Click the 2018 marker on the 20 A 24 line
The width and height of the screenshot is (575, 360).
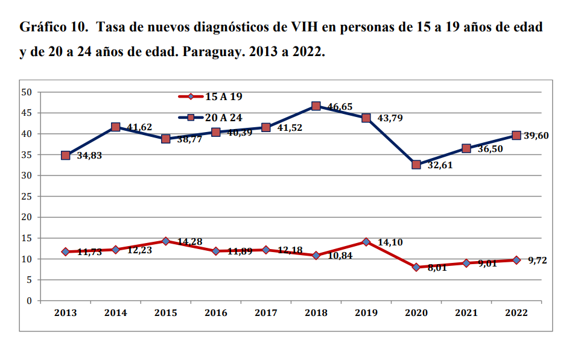316,106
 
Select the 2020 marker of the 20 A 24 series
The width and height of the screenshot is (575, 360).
416,165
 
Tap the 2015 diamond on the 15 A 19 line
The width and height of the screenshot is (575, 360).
165,241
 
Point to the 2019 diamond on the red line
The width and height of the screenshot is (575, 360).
366,242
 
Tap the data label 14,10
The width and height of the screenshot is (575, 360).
390,242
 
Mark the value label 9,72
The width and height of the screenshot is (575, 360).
536,260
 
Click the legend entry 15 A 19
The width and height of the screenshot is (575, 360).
224,96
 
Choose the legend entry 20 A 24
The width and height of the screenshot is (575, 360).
224,118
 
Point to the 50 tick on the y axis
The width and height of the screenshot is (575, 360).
26,92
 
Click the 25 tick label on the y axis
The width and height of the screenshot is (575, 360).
26,197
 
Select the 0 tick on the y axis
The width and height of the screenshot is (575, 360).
28,301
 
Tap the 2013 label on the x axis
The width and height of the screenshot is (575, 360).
65,313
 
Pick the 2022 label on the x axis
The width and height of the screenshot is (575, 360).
516,313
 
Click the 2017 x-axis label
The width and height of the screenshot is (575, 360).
265,313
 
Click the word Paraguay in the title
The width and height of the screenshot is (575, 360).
211,52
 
